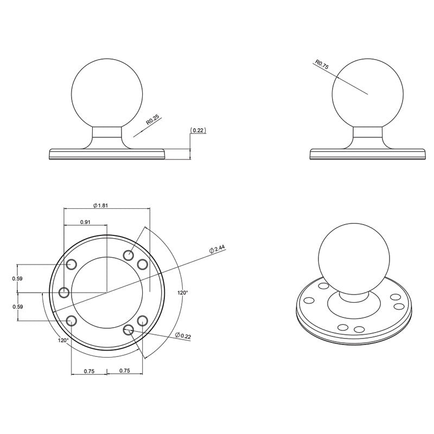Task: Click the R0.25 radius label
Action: tap(153, 120)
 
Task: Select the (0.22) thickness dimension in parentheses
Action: tap(198, 130)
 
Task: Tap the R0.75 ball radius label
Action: tap(322, 65)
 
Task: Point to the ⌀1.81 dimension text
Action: tap(100, 206)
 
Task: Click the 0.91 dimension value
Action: tap(85, 222)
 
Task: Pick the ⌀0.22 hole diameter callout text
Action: tap(183, 335)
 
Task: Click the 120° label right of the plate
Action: tap(183, 292)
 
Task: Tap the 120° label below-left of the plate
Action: tap(63, 340)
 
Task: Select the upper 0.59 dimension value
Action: tap(17, 278)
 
